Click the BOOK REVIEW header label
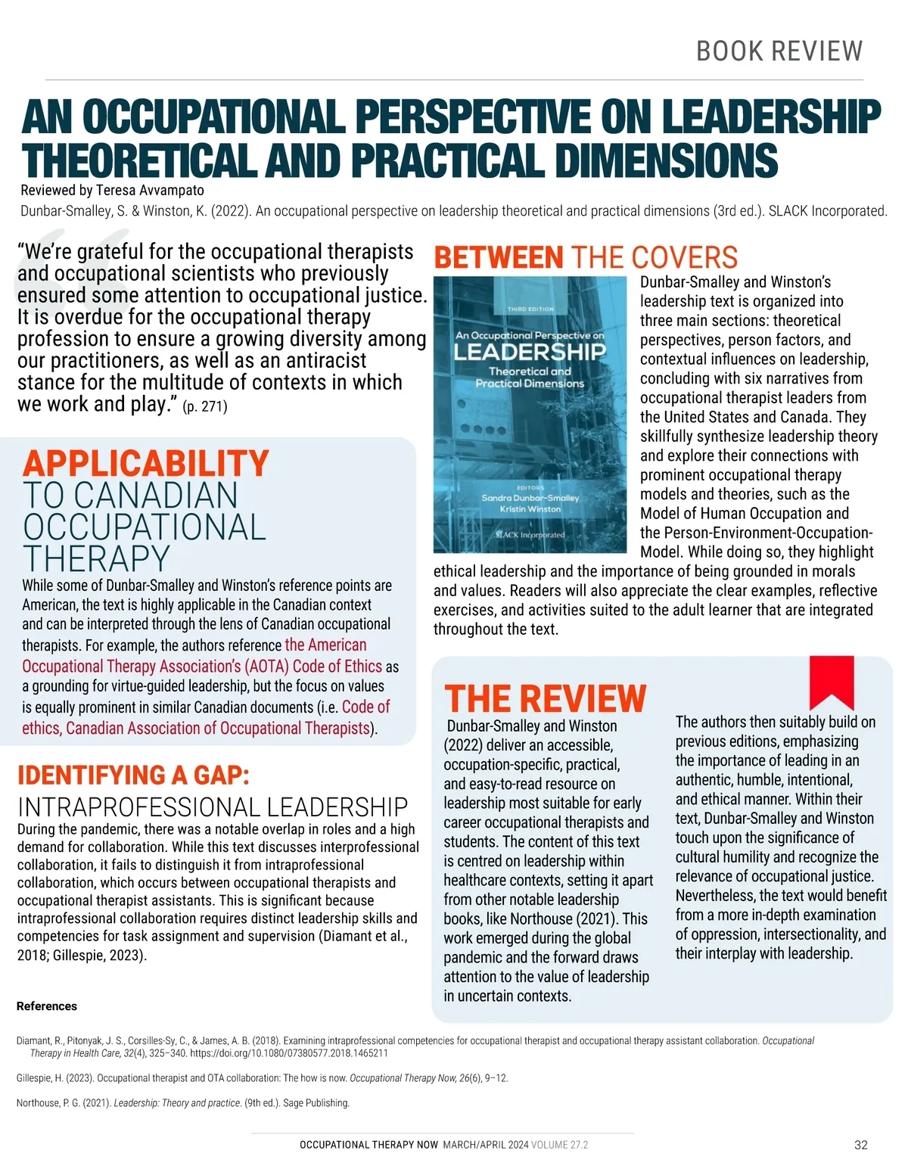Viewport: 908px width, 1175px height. tap(779, 51)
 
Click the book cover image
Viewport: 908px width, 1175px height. tap(530, 415)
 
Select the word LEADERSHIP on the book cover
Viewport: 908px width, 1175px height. tap(530, 352)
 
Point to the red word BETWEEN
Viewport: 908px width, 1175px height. tap(499, 258)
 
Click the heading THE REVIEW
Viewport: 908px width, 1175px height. tap(545, 698)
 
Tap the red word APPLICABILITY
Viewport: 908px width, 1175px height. tap(145, 463)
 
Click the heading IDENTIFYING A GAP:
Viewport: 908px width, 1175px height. tap(133, 775)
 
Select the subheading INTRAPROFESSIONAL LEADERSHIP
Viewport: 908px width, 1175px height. tap(213, 807)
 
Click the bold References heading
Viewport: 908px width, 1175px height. tap(47, 1006)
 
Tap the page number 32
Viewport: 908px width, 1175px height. tap(860, 1145)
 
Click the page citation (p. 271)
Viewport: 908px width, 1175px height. tap(205, 406)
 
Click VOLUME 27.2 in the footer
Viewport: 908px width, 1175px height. tap(559, 1145)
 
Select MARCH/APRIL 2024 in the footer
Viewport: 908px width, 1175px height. tap(485, 1145)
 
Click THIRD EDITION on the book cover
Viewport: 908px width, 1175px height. tap(530, 309)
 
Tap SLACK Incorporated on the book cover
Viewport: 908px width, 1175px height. tap(530, 534)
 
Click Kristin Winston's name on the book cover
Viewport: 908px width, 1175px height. tap(530, 509)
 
